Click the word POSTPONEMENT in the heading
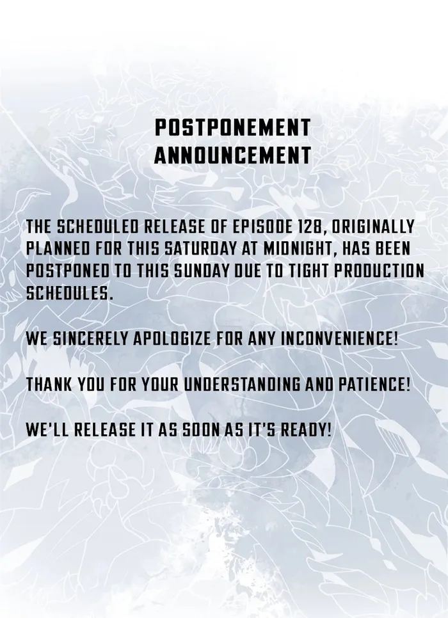point(232,128)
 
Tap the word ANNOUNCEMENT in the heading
point(232,155)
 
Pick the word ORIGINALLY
point(372,227)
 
